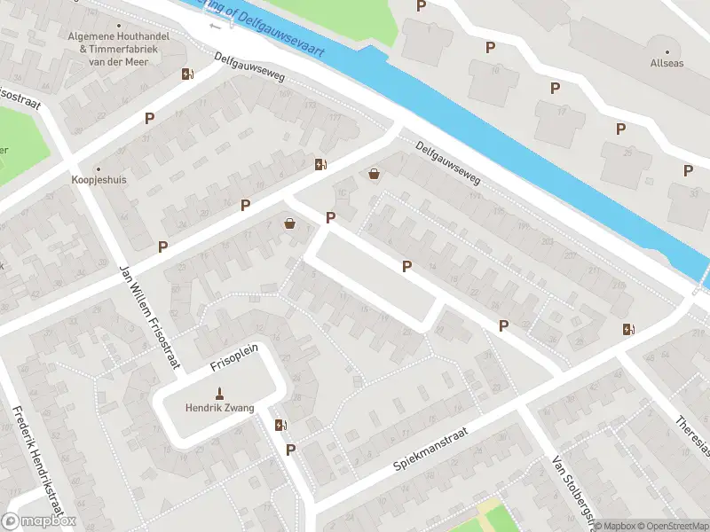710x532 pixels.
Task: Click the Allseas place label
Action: (x=667, y=64)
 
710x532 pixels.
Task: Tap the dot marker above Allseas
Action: (x=667, y=51)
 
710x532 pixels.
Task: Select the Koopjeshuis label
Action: (x=98, y=178)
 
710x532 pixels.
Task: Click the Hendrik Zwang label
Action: (x=219, y=408)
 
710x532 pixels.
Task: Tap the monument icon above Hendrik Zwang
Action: (x=219, y=394)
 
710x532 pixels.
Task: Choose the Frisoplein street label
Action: (x=233, y=357)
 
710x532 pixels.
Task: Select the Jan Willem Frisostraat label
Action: (x=149, y=315)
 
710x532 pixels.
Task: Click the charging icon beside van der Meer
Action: (x=187, y=74)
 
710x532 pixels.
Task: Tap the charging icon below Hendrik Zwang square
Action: (x=280, y=426)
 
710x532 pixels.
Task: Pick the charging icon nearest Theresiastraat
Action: (x=628, y=330)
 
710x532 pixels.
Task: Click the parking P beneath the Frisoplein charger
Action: (x=290, y=450)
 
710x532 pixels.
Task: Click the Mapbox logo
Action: (x=39, y=522)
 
